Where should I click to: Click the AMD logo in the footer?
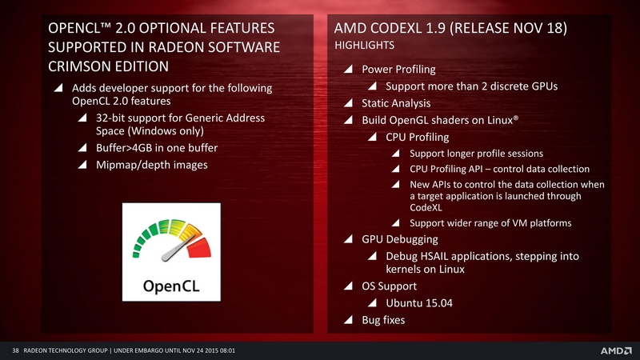(615, 350)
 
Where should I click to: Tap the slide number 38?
(15, 350)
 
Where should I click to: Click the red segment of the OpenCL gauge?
(199, 248)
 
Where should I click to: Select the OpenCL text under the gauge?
(171, 286)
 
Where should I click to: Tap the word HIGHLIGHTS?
(365, 45)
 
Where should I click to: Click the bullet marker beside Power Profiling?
(348, 69)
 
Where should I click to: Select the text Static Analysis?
(396, 103)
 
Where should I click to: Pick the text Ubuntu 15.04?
(419, 303)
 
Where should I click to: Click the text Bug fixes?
(383, 320)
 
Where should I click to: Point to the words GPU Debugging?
(399, 239)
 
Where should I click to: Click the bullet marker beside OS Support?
(348, 286)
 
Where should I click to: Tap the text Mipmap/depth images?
(152, 165)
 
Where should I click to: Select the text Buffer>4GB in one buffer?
(157, 148)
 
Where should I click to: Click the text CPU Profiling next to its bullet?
(417, 137)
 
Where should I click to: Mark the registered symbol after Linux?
(516, 118)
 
